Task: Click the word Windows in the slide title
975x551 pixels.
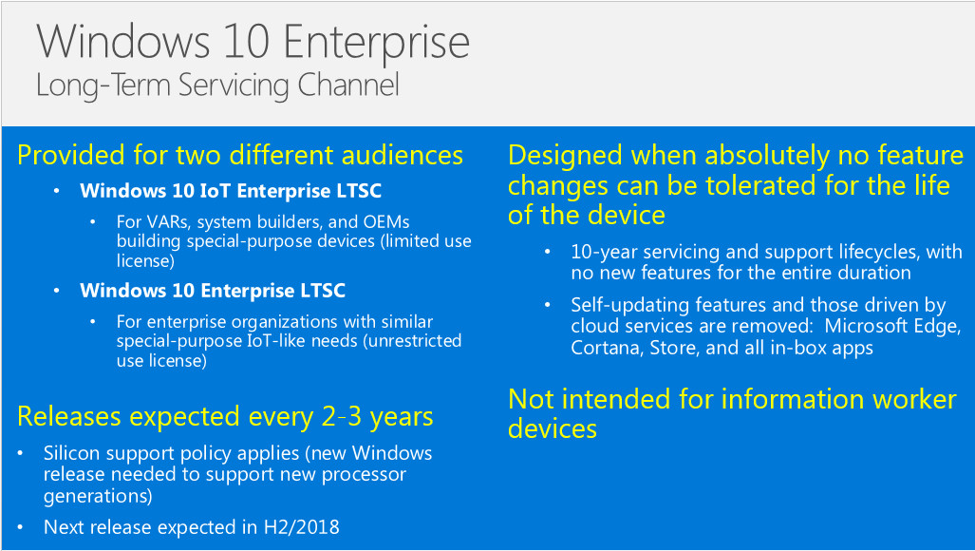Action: pos(123,42)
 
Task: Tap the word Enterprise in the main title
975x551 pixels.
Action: pos(376,44)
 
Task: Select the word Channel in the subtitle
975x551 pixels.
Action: pos(347,85)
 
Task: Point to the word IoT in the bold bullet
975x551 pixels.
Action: pos(216,190)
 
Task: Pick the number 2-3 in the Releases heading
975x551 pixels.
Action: pos(343,417)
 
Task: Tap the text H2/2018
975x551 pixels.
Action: pos(302,527)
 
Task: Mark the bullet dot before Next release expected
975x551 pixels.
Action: pos(21,527)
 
